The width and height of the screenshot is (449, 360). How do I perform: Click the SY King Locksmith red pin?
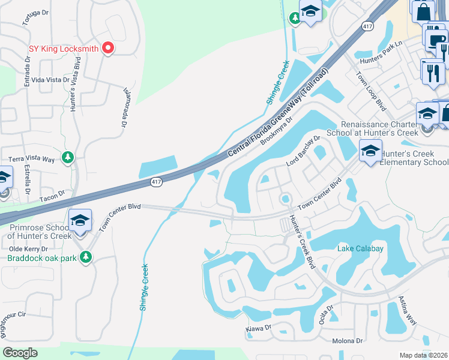pos(108,47)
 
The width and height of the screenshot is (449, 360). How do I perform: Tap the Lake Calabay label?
pos(360,248)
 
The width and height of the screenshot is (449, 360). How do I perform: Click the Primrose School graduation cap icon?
pos(79,221)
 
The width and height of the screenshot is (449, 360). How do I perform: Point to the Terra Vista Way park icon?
pos(68,157)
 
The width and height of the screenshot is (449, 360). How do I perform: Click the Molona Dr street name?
pos(348,341)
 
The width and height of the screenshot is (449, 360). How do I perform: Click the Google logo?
pos(20,353)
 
